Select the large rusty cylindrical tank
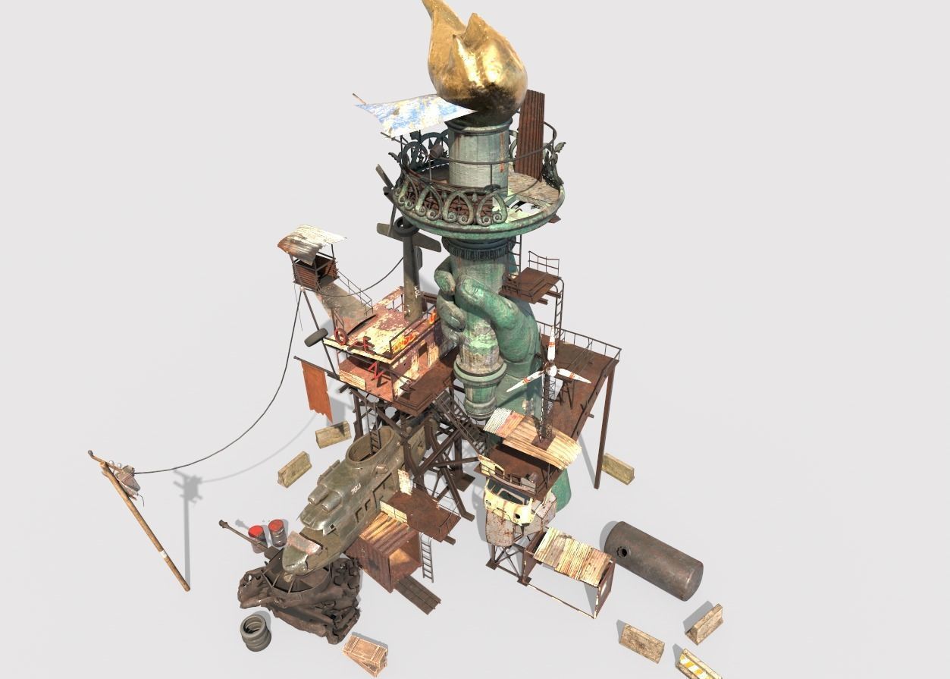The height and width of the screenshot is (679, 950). tap(653, 559)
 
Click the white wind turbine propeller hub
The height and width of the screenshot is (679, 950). tap(551, 371)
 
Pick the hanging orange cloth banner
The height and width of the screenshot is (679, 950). tap(315, 387)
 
